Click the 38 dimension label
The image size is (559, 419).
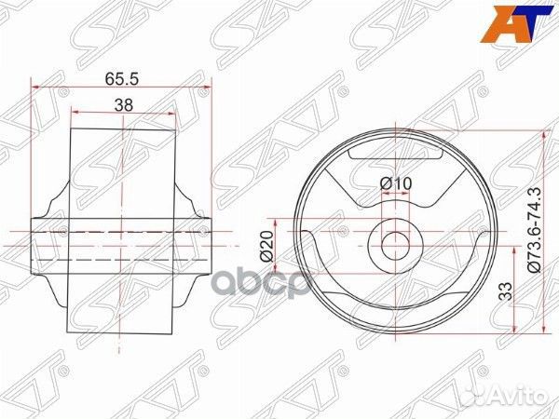pyautogui.click(x=122, y=105)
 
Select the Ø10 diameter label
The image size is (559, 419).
pyautogui.click(x=396, y=184)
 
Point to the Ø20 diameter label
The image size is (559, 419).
pyautogui.click(x=266, y=245)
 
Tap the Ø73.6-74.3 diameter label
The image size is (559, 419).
pyautogui.click(x=534, y=229)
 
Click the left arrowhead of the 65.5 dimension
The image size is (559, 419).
pyautogui.click(x=36, y=87)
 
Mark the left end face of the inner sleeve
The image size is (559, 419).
pyautogui.click(x=33, y=244)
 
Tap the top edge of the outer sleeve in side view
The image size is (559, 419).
pyautogui.click(x=123, y=129)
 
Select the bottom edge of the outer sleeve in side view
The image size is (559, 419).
pyautogui.click(x=123, y=332)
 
